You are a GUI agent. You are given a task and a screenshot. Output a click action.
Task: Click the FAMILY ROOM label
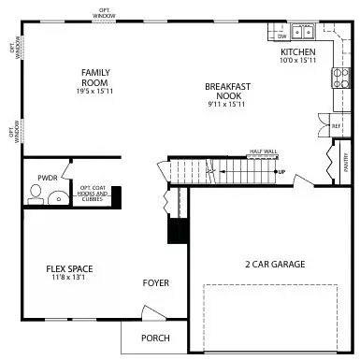(x=95, y=78)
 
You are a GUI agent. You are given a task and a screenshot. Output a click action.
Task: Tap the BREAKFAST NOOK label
(x=228, y=92)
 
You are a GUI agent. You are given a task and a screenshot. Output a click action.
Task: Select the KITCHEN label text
(x=298, y=52)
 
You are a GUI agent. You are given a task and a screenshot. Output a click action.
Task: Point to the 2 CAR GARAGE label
(x=275, y=265)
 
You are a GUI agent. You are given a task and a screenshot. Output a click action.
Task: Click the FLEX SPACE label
(x=70, y=269)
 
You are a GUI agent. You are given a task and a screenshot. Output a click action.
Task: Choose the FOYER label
(x=155, y=282)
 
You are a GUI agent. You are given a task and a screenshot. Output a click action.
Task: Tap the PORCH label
(x=154, y=338)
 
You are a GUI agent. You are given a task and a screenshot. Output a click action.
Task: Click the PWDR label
(x=47, y=177)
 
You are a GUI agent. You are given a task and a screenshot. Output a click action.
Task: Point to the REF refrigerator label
(x=336, y=124)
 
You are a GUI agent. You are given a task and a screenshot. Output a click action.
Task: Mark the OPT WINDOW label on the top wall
(x=105, y=13)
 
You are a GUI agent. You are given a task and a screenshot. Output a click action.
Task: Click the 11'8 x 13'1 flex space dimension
(x=70, y=278)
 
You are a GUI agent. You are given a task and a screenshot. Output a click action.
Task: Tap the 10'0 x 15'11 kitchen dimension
(x=298, y=61)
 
